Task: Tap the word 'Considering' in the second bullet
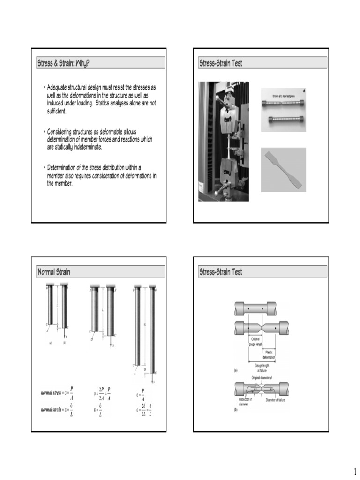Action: click(x=61, y=133)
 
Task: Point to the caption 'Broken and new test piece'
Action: click(x=283, y=96)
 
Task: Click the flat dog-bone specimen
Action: click(x=283, y=169)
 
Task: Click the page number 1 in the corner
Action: click(x=355, y=470)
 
